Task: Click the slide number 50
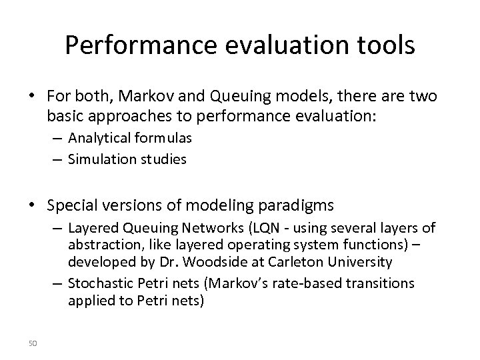(x=34, y=343)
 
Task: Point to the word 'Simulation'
(x=98, y=160)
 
